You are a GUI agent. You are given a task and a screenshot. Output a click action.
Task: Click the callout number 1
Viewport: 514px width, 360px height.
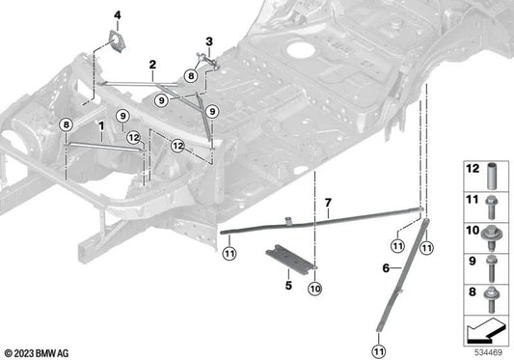[x=99, y=126]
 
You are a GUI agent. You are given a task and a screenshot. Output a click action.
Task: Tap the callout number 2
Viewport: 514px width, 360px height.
[x=151, y=64]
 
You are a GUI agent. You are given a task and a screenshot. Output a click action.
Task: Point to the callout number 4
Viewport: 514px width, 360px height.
[x=118, y=14]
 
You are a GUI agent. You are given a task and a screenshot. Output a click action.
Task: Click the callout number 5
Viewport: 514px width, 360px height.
[x=287, y=285]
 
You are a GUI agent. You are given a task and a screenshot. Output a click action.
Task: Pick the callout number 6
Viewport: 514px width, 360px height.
[x=386, y=267]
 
